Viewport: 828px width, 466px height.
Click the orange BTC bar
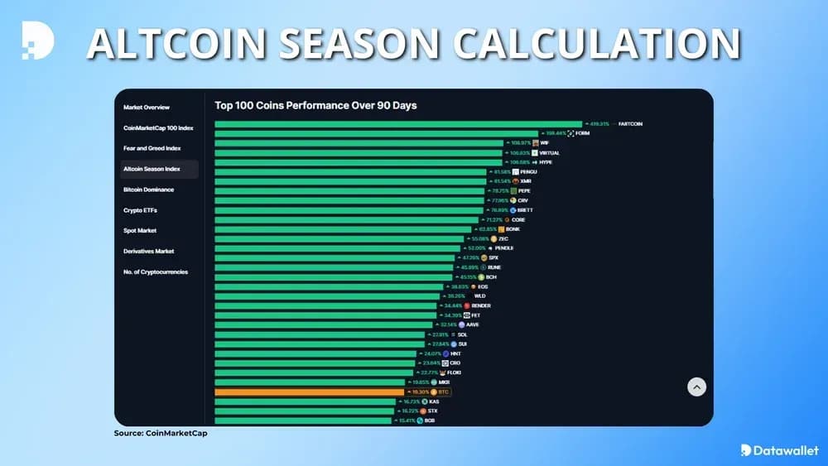tap(309, 392)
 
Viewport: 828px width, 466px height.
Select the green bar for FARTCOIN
tap(397, 123)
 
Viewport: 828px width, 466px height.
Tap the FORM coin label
tap(582, 133)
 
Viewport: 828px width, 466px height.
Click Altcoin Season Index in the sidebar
tap(152, 169)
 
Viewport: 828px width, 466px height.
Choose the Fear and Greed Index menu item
tap(152, 148)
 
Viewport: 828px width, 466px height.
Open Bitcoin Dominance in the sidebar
tap(148, 190)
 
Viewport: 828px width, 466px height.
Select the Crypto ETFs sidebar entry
tap(140, 210)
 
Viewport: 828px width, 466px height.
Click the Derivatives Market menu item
tap(148, 251)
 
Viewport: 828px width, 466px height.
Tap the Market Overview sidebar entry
tap(147, 107)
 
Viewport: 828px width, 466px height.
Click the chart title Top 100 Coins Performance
tap(315, 105)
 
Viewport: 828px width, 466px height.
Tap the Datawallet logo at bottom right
tap(779, 449)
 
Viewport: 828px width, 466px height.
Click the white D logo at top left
tap(37, 41)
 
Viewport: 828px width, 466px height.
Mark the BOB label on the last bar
tap(429, 420)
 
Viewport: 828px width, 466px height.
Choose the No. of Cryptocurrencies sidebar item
tap(156, 271)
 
